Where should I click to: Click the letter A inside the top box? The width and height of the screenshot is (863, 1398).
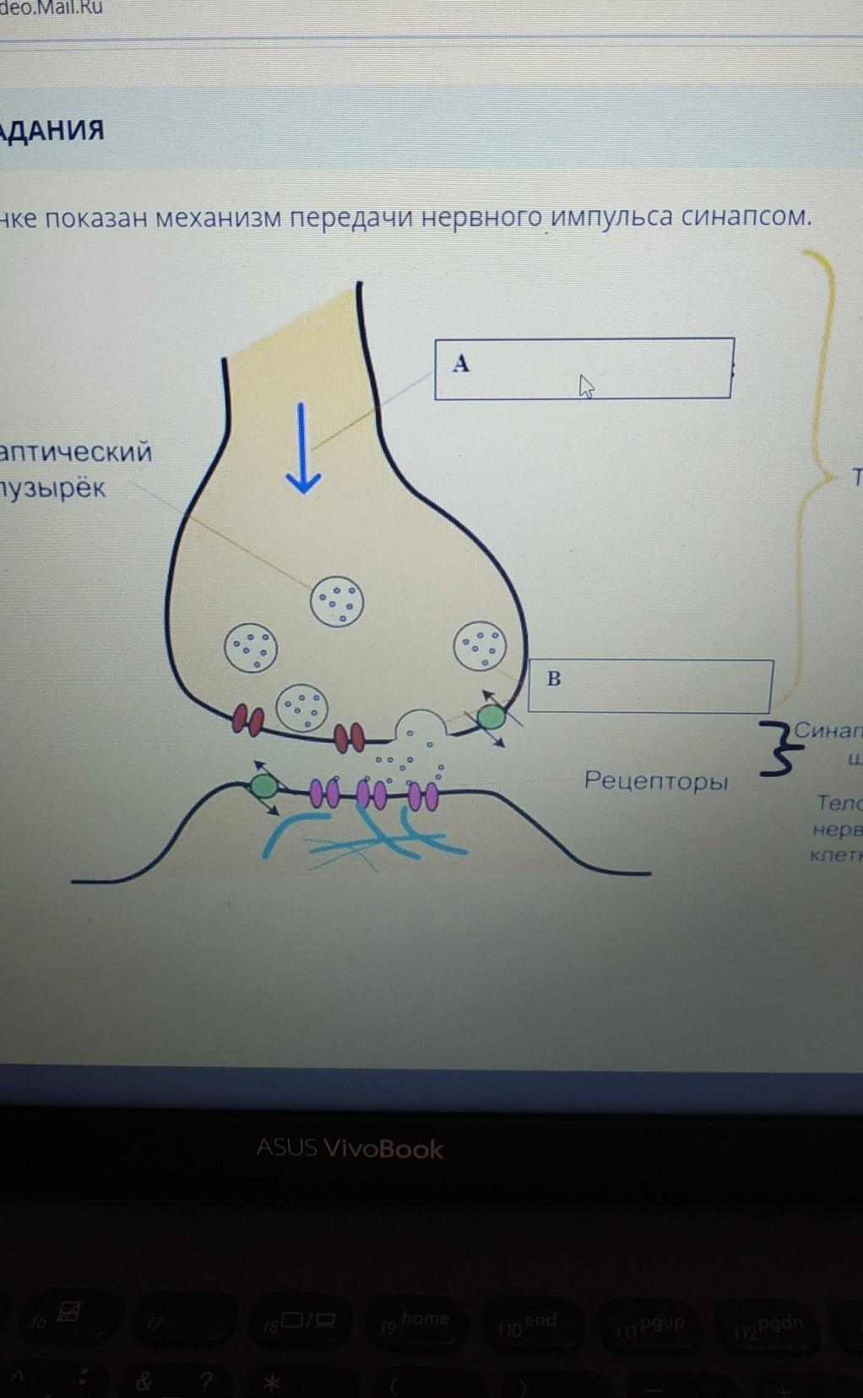(460, 364)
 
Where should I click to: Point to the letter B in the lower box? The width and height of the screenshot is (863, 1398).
(554, 679)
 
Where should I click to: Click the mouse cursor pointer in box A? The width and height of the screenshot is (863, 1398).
(587, 387)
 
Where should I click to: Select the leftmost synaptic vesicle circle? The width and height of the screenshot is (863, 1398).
(250, 648)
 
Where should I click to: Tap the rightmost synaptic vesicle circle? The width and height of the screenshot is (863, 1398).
(480, 647)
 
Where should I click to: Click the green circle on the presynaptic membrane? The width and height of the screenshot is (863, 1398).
(491, 718)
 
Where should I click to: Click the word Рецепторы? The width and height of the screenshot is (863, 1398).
(655, 781)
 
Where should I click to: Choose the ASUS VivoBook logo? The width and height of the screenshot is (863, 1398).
(350, 1148)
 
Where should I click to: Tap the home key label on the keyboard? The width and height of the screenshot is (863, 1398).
(425, 1318)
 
